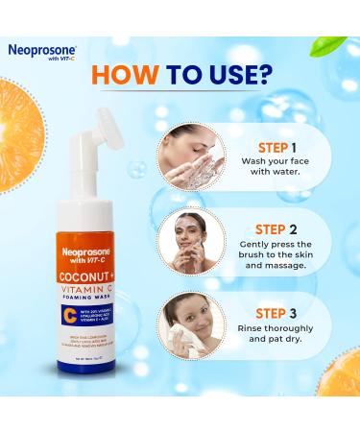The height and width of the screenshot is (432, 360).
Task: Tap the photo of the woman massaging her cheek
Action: (193, 243)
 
